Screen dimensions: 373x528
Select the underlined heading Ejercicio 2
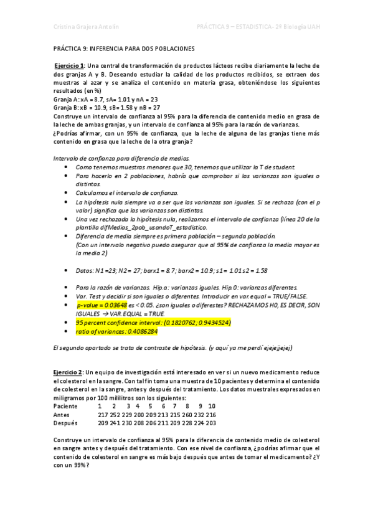pyautogui.click(x=68, y=371)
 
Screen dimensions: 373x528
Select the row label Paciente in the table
pyautogui.click(x=65, y=406)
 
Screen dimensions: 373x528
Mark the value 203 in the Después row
pyautogui.click(x=211, y=423)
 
